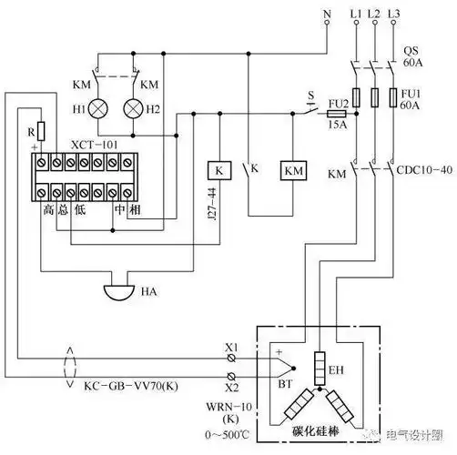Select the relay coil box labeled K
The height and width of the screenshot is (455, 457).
coord(218,170)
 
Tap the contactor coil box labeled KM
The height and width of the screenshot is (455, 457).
coord(293,170)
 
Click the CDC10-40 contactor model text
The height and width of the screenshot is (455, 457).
coord(421,170)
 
